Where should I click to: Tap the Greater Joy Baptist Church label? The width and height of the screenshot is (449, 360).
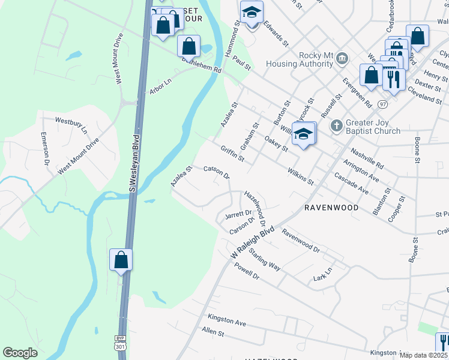click(x=373, y=127)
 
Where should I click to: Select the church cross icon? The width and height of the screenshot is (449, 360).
click(x=336, y=127)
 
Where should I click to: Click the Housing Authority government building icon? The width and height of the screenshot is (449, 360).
click(x=342, y=58)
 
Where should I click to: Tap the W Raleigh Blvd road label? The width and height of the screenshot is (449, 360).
click(x=253, y=242)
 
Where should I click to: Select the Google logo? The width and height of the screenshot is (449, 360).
click(x=20, y=353)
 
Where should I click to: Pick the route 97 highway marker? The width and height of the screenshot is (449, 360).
click(x=383, y=104)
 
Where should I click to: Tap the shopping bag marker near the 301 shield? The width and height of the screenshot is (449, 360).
click(x=121, y=260)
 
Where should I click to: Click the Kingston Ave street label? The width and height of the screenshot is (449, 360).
click(x=227, y=319)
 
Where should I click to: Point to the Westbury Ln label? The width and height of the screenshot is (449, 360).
click(x=71, y=124)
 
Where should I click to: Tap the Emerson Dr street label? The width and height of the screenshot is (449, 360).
click(x=45, y=148)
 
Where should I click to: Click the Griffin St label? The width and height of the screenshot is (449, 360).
click(x=232, y=154)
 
